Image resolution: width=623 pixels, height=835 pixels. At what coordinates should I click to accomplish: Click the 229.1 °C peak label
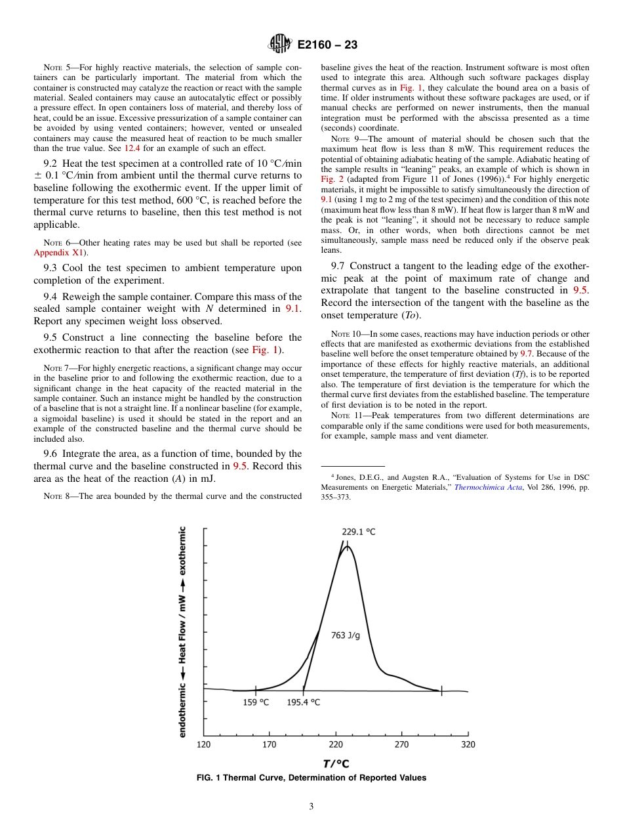click(x=358, y=532)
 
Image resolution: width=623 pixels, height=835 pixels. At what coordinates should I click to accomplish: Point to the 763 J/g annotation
click(x=346, y=635)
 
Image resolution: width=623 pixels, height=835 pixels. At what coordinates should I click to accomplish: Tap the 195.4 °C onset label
click(x=303, y=702)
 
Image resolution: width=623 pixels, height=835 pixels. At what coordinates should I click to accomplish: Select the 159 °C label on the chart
click(x=256, y=702)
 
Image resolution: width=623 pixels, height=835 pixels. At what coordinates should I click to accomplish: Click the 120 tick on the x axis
click(x=203, y=744)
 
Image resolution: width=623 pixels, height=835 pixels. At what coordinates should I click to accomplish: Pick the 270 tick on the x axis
click(x=401, y=744)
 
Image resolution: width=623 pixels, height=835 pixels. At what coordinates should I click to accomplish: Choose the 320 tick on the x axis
click(x=468, y=744)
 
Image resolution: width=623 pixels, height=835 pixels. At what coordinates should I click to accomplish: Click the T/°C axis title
click(x=335, y=763)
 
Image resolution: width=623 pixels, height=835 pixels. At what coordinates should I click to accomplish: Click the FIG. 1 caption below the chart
click(x=311, y=778)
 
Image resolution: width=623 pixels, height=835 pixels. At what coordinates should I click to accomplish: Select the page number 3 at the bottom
click(x=311, y=807)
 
